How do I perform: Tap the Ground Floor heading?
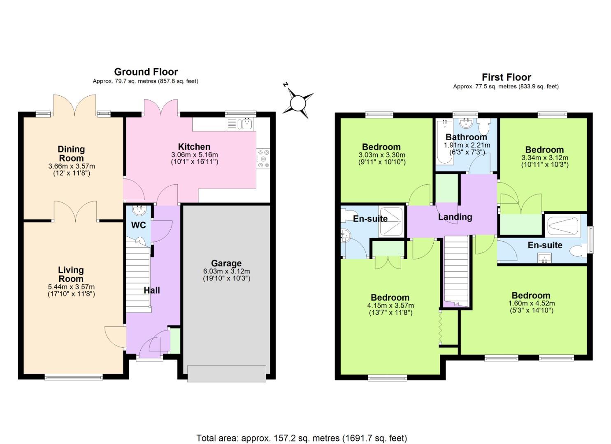[x=146, y=72]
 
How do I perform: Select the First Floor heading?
[x=506, y=77]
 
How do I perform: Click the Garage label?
[x=226, y=263]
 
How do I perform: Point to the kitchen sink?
[x=247, y=123]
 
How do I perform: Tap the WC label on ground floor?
[x=138, y=225]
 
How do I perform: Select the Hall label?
[x=152, y=290]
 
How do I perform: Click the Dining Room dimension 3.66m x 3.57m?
[x=71, y=166]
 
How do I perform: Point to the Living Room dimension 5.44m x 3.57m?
[x=71, y=287]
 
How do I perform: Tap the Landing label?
[x=455, y=217]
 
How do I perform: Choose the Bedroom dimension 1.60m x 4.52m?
[x=531, y=303]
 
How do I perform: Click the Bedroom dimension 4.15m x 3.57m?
[x=390, y=305]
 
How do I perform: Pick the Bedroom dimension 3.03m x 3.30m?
[x=381, y=155]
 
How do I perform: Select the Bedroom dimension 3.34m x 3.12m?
[x=544, y=158]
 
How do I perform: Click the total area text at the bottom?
[x=302, y=438]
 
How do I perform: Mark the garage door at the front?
[x=226, y=374]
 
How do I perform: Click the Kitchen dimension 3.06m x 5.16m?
[x=195, y=155]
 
